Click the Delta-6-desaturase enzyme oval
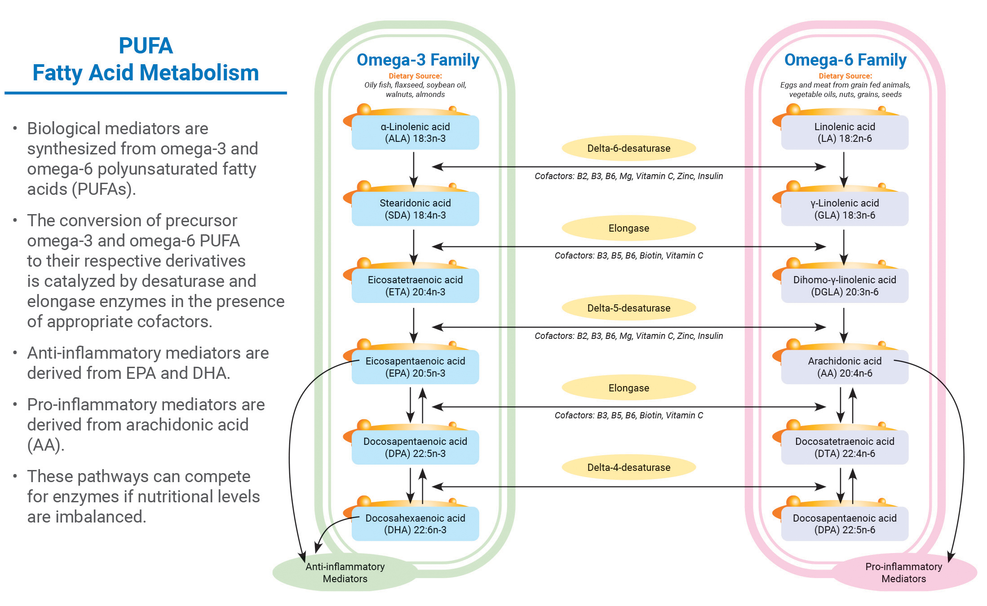(x=628, y=148)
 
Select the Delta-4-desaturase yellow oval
(x=628, y=467)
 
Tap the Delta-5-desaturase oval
(x=628, y=308)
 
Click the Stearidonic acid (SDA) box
(x=415, y=209)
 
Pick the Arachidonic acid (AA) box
(x=845, y=367)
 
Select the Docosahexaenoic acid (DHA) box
(x=415, y=524)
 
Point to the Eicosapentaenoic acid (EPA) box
(x=415, y=367)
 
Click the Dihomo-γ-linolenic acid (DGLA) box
(x=845, y=286)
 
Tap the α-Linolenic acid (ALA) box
(x=415, y=132)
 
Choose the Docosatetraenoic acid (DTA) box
(x=845, y=448)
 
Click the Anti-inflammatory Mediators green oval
(x=345, y=573)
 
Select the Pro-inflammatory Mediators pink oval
(x=903, y=573)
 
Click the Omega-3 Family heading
(x=418, y=60)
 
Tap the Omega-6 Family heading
(x=845, y=60)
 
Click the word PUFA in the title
(x=146, y=46)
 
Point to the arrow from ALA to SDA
(x=414, y=170)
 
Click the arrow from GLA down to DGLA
(x=844, y=247)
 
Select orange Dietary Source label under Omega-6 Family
(x=845, y=76)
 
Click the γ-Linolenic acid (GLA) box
(x=845, y=209)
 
